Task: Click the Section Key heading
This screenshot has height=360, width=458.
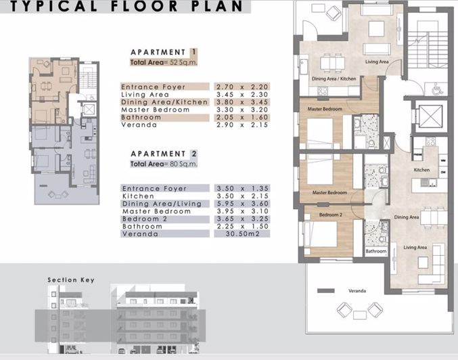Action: click(71, 279)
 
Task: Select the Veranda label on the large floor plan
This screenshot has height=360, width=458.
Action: click(357, 291)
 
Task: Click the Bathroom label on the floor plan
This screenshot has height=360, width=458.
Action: click(375, 251)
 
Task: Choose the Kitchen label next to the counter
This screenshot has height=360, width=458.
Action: click(421, 171)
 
